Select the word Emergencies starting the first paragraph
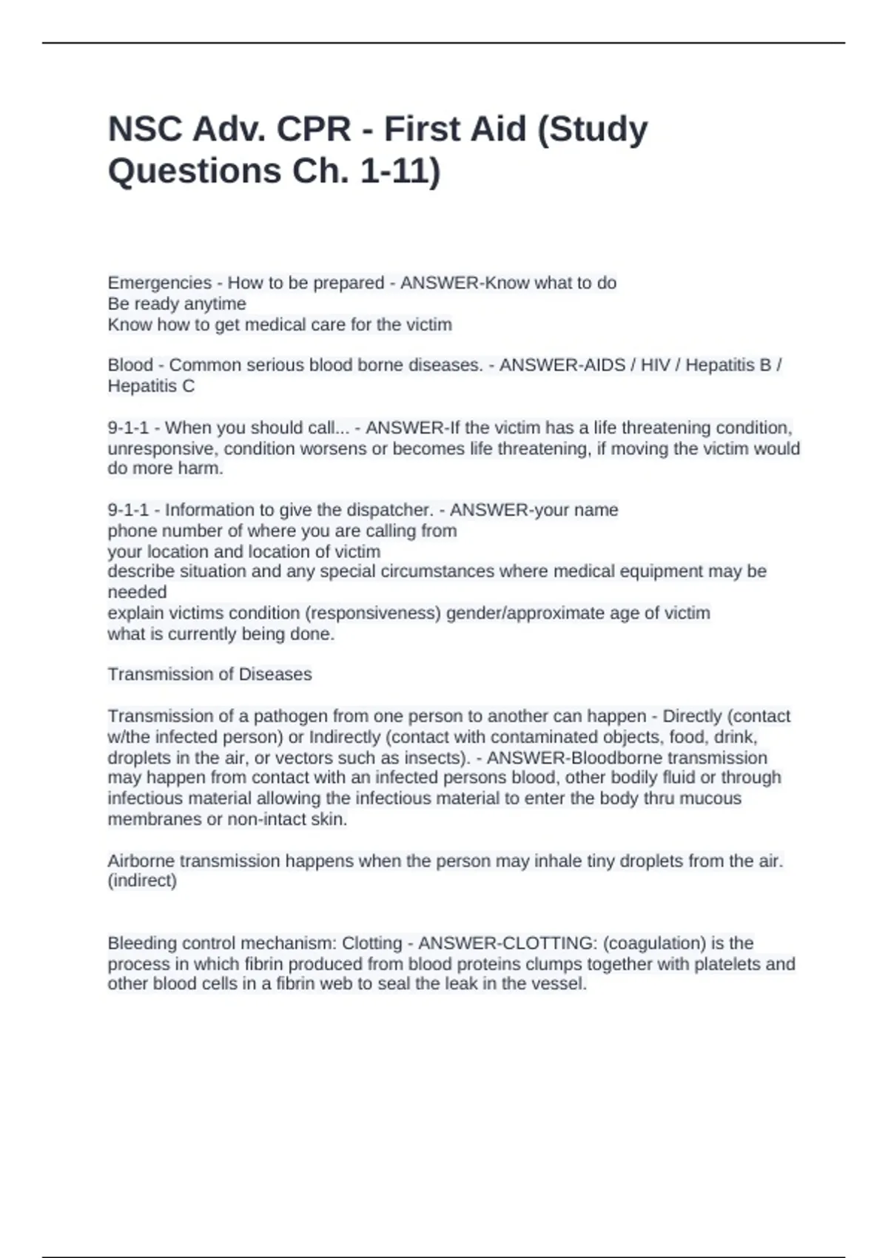pyautogui.click(x=160, y=283)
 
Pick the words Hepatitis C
pyautogui.click(x=151, y=386)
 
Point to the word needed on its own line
pyautogui.click(x=137, y=592)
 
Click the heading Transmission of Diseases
pyautogui.click(x=209, y=674)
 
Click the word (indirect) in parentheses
pyautogui.click(x=142, y=881)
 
